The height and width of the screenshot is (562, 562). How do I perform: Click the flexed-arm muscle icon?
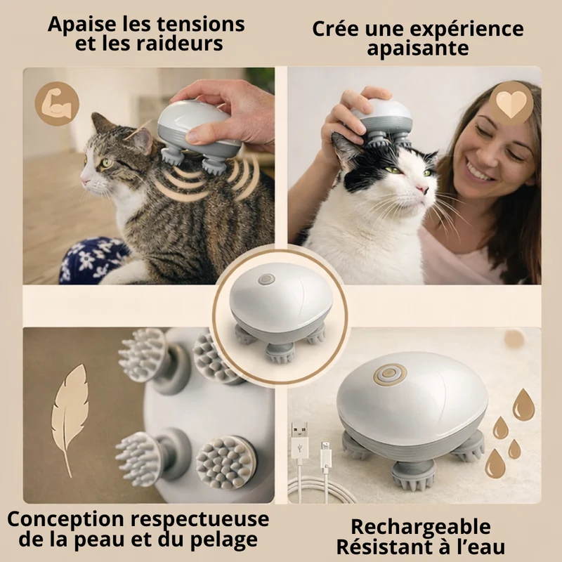click(57, 103)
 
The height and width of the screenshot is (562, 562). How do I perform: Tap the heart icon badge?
click(511, 103)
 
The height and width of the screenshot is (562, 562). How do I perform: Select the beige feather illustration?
click(69, 419)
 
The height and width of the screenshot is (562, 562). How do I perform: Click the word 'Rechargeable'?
click(421, 526)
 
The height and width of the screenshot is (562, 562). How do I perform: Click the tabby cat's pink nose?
click(84, 181)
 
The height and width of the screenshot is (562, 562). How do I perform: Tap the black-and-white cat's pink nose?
click(423, 188)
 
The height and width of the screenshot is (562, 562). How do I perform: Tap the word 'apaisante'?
click(417, 48)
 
